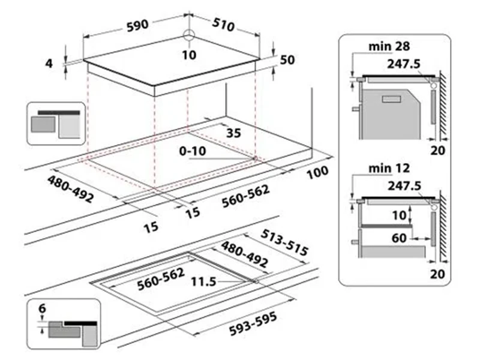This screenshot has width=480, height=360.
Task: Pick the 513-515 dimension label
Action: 286,242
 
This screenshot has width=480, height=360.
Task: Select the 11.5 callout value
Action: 204,280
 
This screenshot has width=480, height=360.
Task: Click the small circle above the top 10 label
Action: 190,34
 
